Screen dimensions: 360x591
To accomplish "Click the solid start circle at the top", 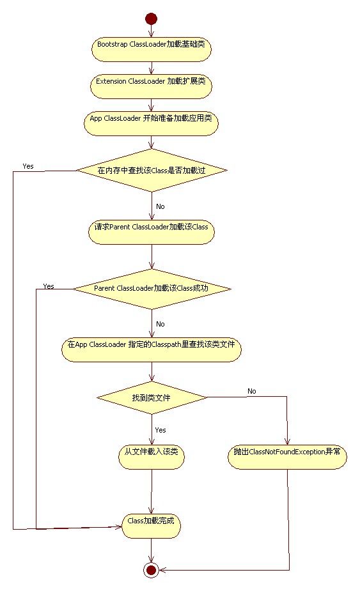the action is coord(151,19).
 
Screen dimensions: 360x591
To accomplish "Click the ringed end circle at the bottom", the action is coord(151,569).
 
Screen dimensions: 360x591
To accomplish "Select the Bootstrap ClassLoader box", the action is coord(151,49).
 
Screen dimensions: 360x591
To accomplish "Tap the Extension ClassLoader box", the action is coord(151,86).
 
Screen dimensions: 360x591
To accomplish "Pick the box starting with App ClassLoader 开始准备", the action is coord(151,123).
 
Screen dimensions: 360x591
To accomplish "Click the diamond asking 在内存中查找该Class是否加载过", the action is coord(152,171).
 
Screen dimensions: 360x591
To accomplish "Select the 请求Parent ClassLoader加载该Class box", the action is coord(152,231).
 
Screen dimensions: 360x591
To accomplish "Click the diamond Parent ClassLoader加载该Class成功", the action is coord(152,289).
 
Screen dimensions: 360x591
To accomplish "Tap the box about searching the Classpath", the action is coord(152,349).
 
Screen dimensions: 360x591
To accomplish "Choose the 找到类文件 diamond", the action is coord(152,397).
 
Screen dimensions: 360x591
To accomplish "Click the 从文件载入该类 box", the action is coord(152,456).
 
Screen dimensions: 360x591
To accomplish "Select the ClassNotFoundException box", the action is coord(287,456).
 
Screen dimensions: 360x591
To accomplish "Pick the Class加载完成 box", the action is coord(151,526).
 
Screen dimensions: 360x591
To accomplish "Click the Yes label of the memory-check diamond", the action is coord(28,166).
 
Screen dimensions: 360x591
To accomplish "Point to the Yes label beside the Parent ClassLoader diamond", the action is coord(49,286).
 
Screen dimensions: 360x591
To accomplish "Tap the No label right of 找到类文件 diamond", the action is coord(252,391).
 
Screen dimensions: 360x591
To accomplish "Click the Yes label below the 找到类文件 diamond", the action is coord(160,430).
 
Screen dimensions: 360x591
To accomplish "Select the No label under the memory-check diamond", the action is coord(160,206).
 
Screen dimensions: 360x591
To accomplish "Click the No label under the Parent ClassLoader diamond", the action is coord(160,324).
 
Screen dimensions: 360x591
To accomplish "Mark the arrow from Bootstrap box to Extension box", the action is coord(152,68).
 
